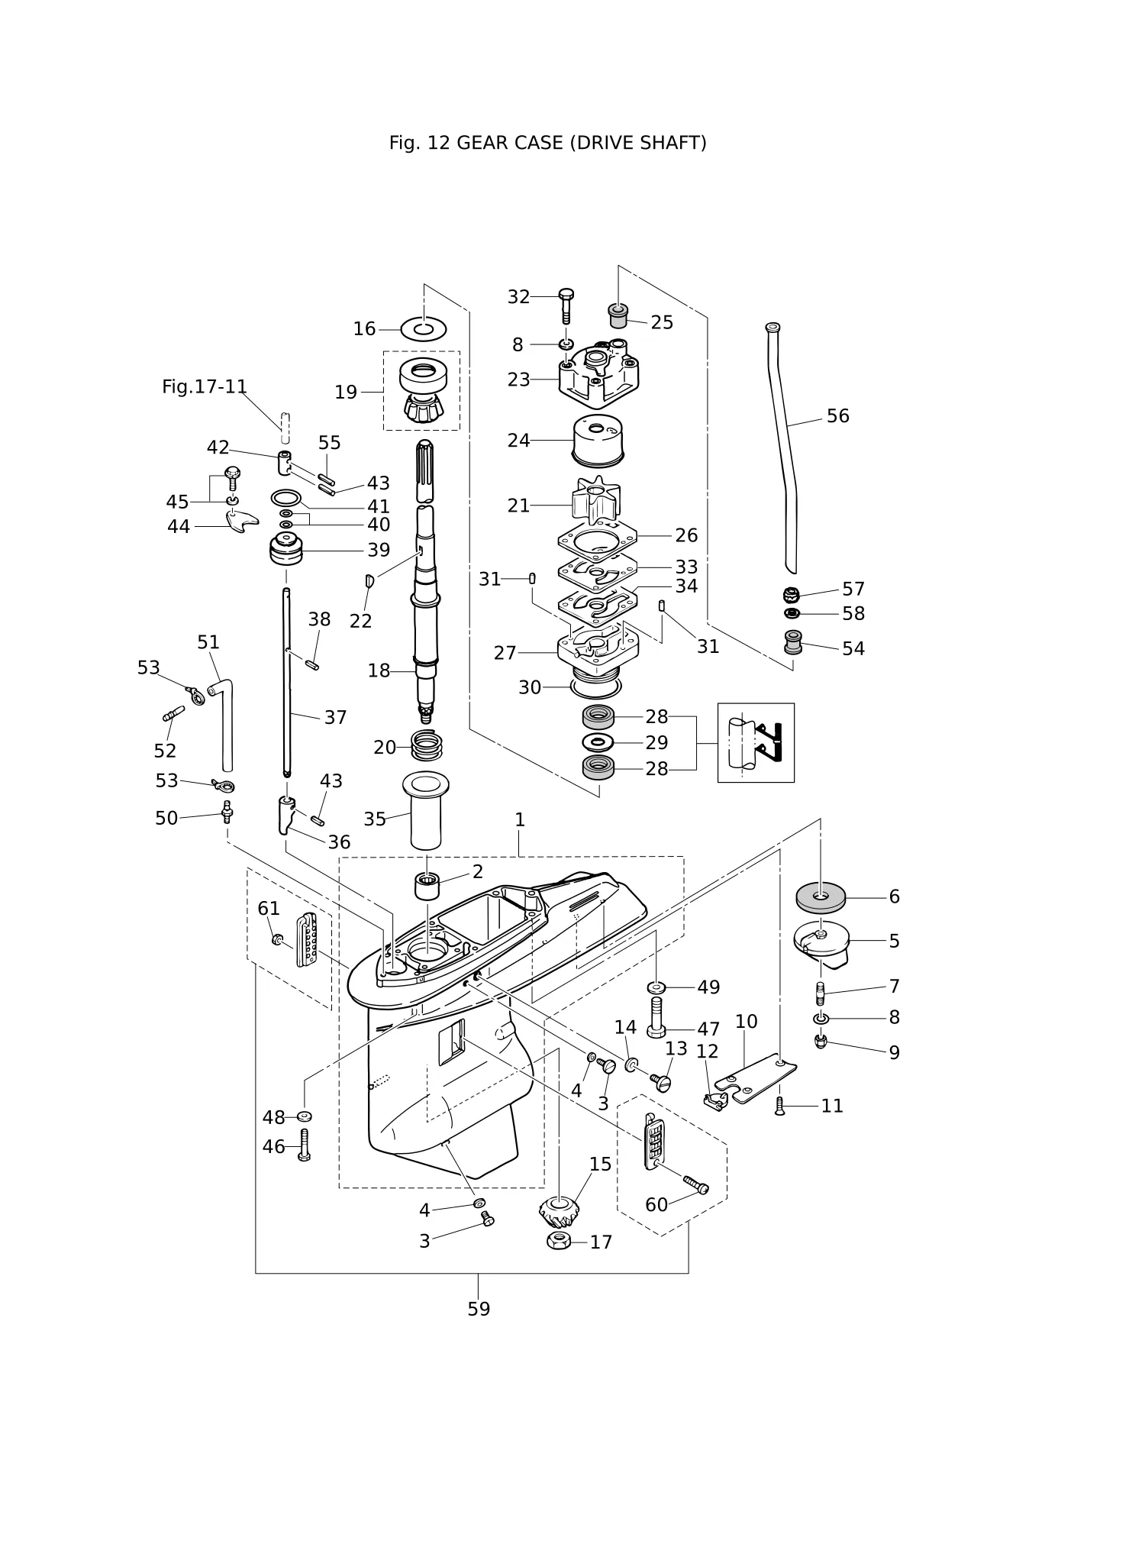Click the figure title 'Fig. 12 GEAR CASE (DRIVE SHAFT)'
pos(547,143)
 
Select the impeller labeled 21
pos(596,501)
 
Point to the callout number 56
pos(837,416)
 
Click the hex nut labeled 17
pos(560,1241)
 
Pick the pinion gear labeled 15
pos(559,1211)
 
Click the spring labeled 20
pos(427,745)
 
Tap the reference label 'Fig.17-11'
pos(205,387)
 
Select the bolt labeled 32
pos(566,305)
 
